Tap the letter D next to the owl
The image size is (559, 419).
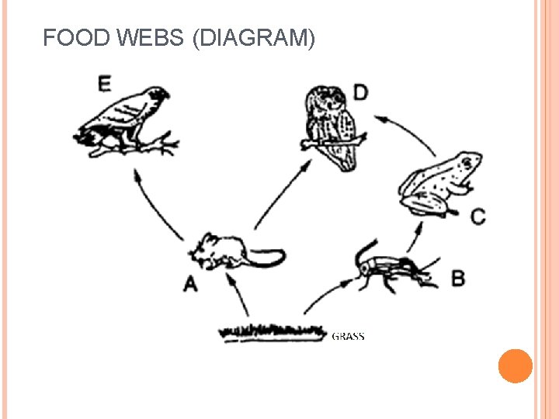coord(361,93)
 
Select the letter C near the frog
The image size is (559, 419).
coord(478,216)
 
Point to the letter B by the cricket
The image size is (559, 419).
coord(458,277)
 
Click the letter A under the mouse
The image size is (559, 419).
coord(190,285)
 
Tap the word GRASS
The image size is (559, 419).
coord(348,336)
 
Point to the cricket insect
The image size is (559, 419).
coord(388,268)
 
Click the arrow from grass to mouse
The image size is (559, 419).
coord(241,299)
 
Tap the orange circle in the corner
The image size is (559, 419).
coord(515,366)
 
